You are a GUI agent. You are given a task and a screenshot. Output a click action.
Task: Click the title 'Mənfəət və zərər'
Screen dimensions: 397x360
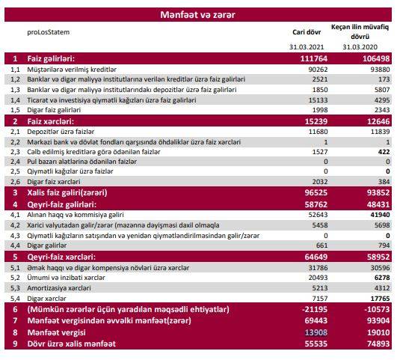[x=197, y=15]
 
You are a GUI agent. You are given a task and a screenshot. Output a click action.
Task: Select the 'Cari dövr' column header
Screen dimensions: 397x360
[x=307, y=32]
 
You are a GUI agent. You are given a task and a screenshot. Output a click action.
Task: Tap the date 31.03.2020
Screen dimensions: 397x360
[x=360, y=47]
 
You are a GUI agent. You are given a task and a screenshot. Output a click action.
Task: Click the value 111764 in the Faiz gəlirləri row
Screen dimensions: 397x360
[x=314, y=58]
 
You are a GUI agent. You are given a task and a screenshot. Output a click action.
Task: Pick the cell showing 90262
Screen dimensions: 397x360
[x=318, y=69]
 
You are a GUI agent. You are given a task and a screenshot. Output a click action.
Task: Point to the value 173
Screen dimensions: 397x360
[x=384, y=79]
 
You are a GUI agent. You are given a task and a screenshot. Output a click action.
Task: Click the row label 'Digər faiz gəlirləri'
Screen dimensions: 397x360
[x=54, y=110]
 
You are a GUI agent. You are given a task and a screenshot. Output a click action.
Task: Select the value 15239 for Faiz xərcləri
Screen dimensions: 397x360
[x=316, y=121]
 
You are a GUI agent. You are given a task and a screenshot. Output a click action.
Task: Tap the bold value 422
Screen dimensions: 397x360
[x=384, y=152]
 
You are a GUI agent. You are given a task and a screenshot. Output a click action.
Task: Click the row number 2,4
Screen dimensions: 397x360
[x=15, y=162]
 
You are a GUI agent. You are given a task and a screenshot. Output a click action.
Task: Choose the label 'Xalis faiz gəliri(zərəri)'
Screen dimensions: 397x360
[x=67, y=192]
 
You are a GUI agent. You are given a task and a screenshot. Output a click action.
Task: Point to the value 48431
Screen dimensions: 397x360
[x=378, y=204]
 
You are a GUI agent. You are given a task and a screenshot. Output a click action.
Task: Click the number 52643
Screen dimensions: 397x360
[x=318, y=215]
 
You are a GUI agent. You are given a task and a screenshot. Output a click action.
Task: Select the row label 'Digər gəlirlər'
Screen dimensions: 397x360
[x=47, y=245]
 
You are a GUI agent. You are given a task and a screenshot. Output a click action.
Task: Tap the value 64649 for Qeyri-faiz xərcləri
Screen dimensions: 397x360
[x=316, y=257]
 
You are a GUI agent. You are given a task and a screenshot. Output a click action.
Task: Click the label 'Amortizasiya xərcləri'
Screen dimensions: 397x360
[x=59, y=288]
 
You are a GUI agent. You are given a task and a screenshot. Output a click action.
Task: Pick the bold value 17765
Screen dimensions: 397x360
[x=380, y=299]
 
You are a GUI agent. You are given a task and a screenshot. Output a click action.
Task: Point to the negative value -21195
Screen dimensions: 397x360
[x=315, y=309]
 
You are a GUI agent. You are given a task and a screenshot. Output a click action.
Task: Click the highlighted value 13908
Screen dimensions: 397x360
[x=316, y=332]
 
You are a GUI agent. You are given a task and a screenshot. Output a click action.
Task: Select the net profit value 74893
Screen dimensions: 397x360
[x=378, y=344]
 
